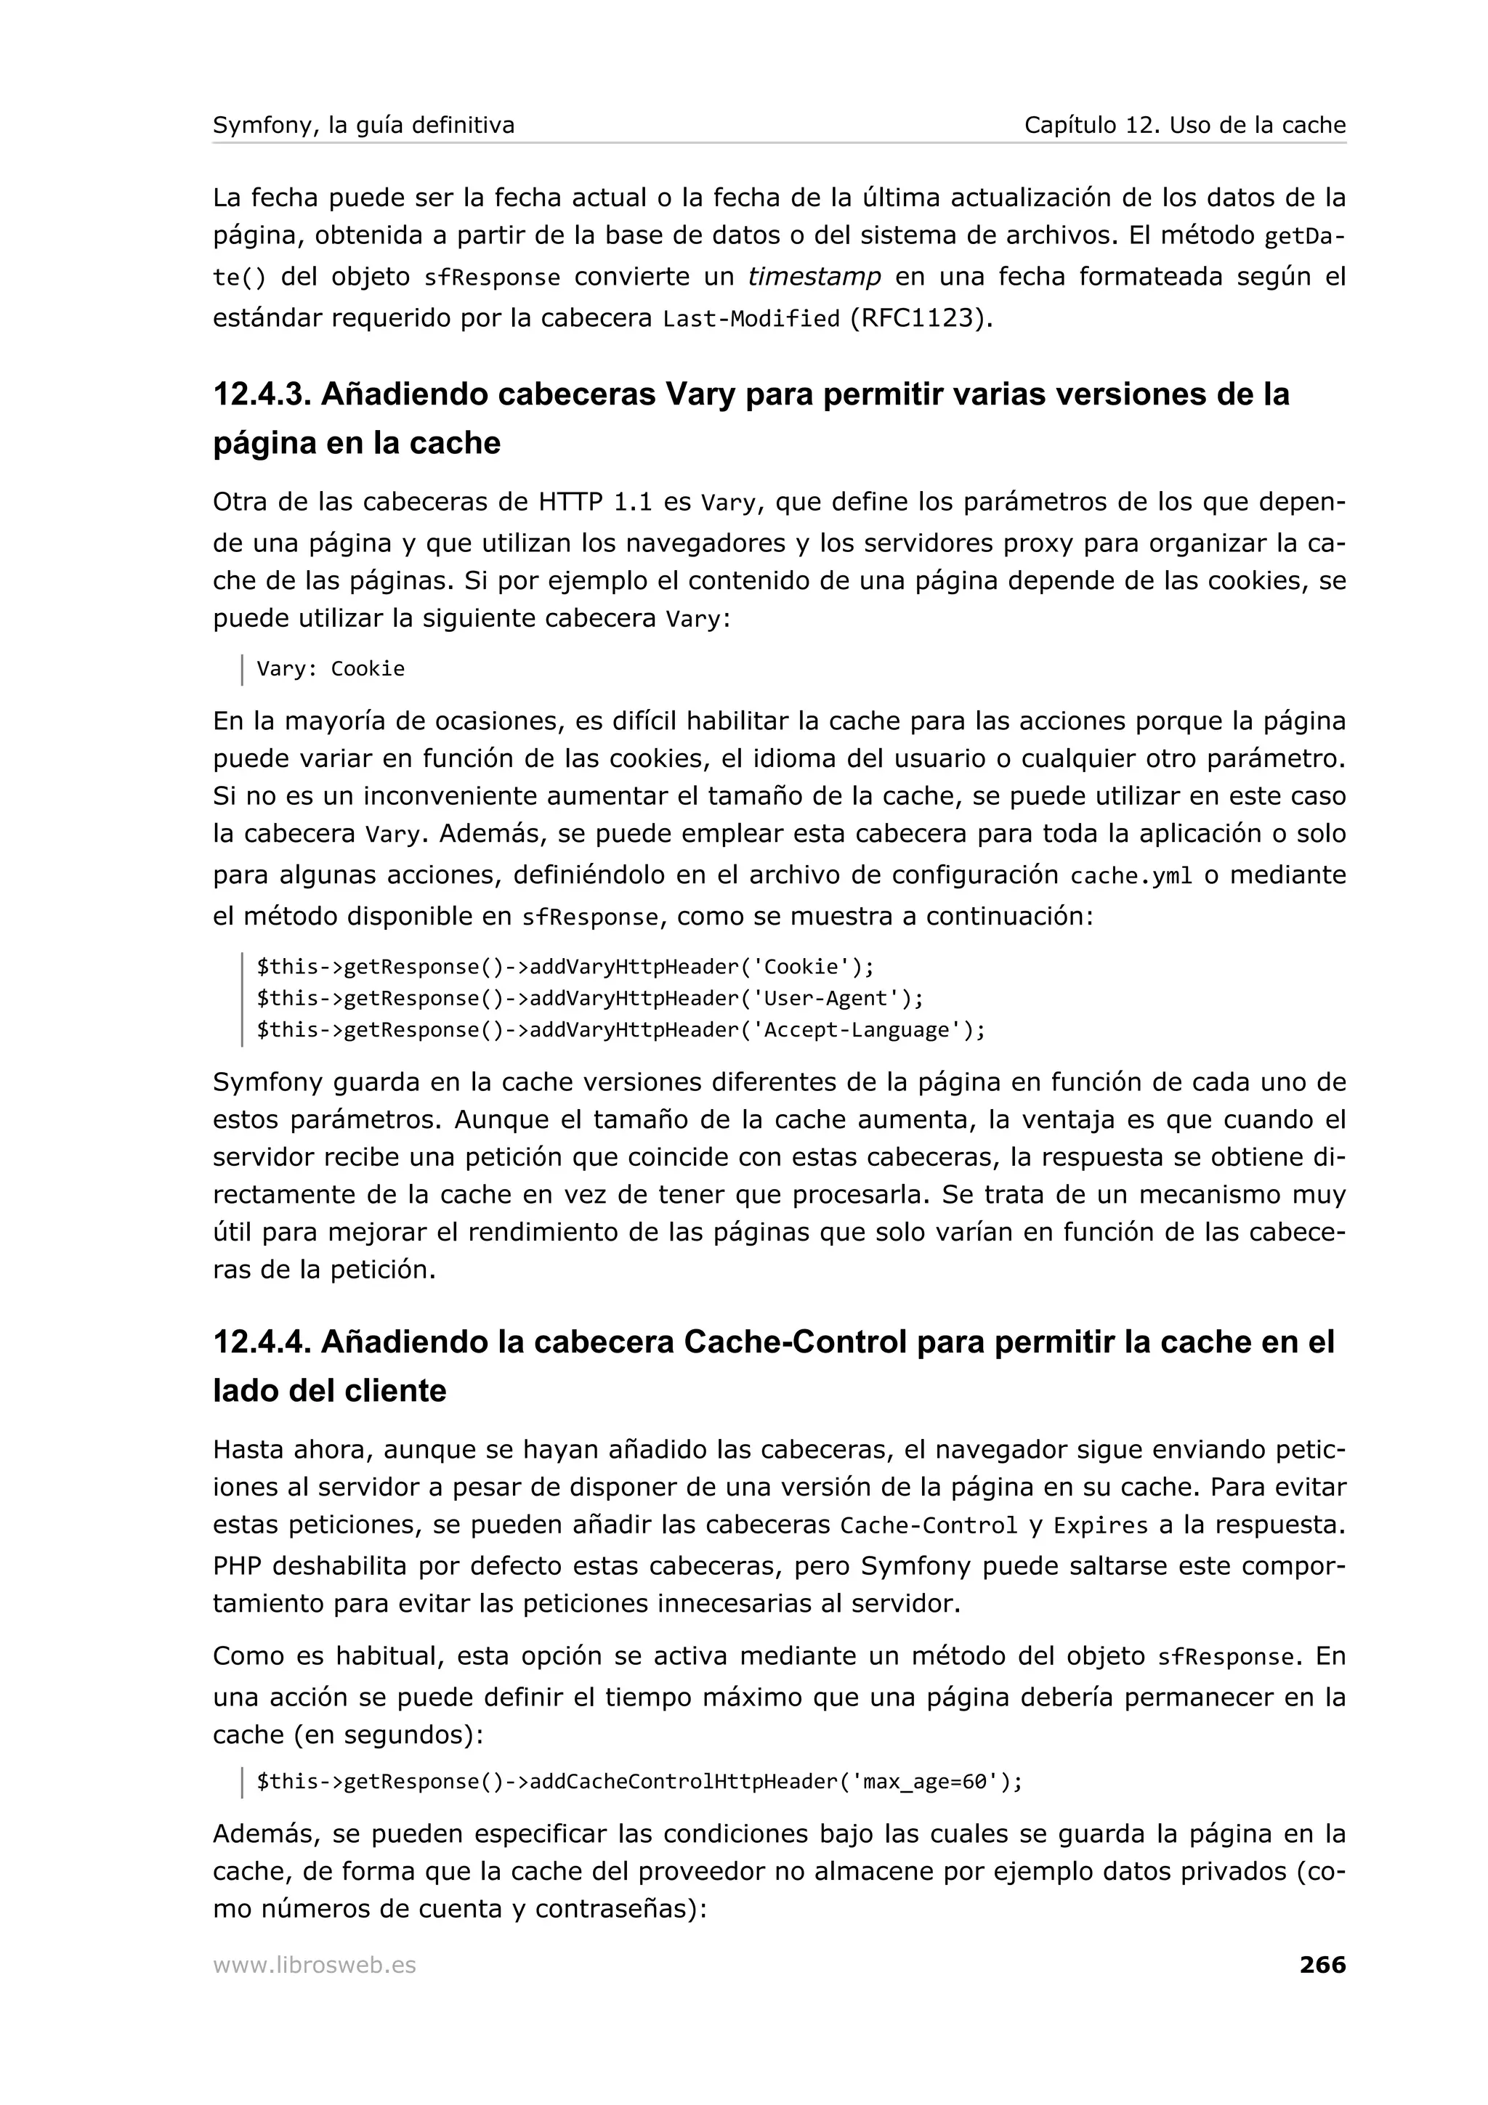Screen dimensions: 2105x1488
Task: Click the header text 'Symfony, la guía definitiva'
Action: tap(363, 125)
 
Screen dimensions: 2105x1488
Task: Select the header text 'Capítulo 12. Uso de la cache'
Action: tap(1184, 125)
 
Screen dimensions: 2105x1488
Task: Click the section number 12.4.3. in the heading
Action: tap(262, 394)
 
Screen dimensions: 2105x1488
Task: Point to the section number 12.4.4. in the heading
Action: tap(262, 1342)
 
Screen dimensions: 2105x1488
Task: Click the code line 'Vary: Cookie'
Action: tap(330, 668)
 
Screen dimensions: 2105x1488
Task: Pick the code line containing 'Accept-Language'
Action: tap(620, 1029)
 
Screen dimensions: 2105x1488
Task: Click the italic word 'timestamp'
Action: tap(814, 276)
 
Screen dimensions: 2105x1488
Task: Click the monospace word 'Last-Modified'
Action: tap(751, 319)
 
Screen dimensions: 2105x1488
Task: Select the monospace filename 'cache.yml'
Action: tap(1131, 875)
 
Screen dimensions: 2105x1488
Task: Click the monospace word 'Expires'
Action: tap(1100, 1525)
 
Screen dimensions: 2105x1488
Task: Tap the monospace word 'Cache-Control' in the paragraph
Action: tap(929, 1525)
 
